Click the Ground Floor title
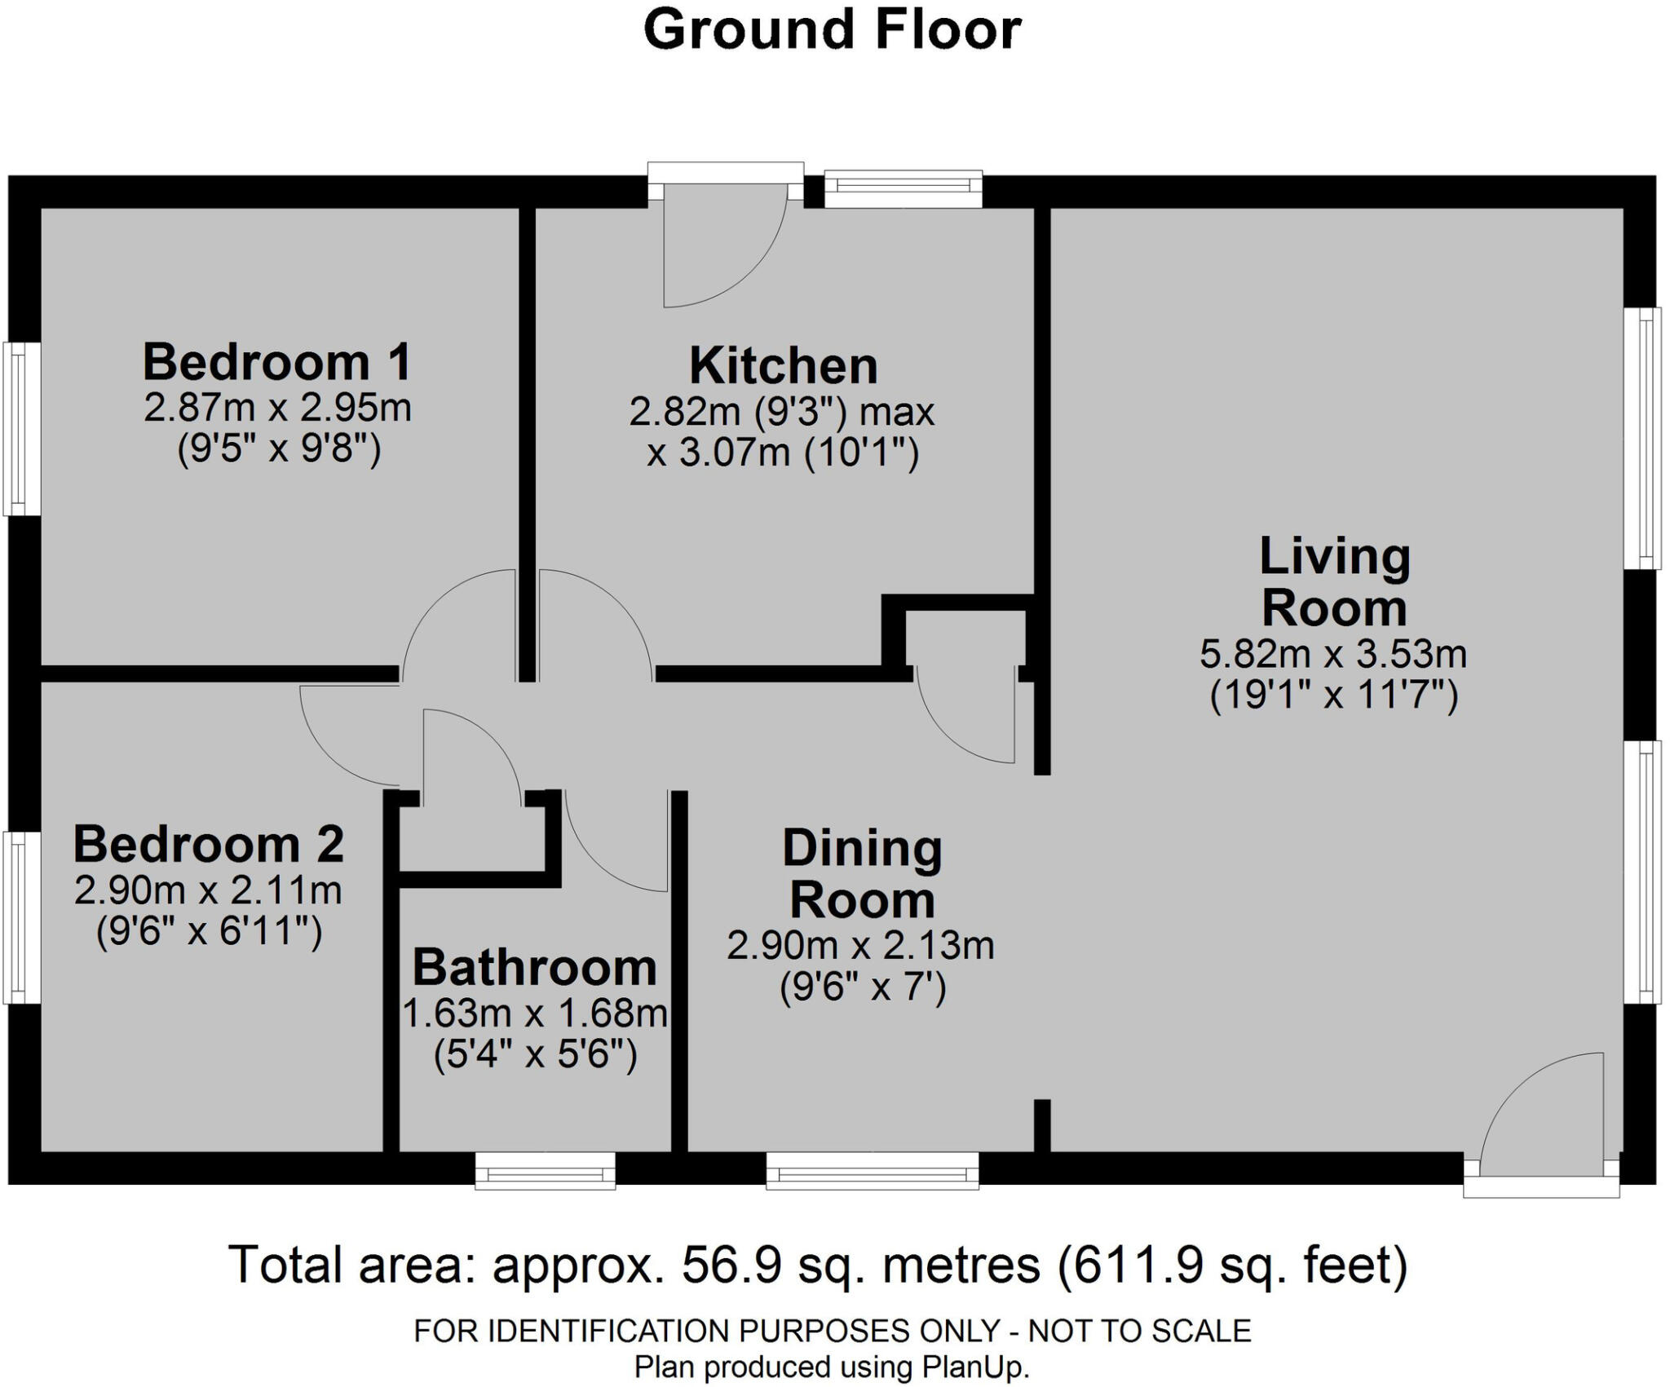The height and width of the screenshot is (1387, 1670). pyautogui.click(x=833, y=30)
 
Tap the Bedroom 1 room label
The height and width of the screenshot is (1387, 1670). pyautogui.click(x=277, y=362)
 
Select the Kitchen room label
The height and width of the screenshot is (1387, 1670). pyautogui.click(x=784, y=366)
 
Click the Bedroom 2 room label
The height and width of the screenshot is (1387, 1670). pyautogui.click(x=209, y=844)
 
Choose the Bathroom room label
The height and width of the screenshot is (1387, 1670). pyautogui.click(x=535, y=968)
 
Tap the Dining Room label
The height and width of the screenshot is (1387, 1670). pyautogui.click(x=863, y=873)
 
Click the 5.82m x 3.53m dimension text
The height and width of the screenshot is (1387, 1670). pyautogui.click(x=1334, y=654)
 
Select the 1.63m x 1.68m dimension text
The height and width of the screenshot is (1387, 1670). pyautogui.click(x=536, y=1014)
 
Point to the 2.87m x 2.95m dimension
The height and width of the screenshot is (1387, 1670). pyautogui.click(x=278, y=408)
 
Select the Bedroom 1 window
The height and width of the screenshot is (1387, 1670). pyautogui.click(x=22, y=429)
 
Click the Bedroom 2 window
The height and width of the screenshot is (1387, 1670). pyautogui.click(x=22, y=917)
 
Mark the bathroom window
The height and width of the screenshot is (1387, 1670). pyautogui.click(x=546, y=1171)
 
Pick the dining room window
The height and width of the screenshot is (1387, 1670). pyautogui.click(x=873, y=1171)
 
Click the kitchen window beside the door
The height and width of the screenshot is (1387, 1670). pyautogui.click(x=903, y=189)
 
